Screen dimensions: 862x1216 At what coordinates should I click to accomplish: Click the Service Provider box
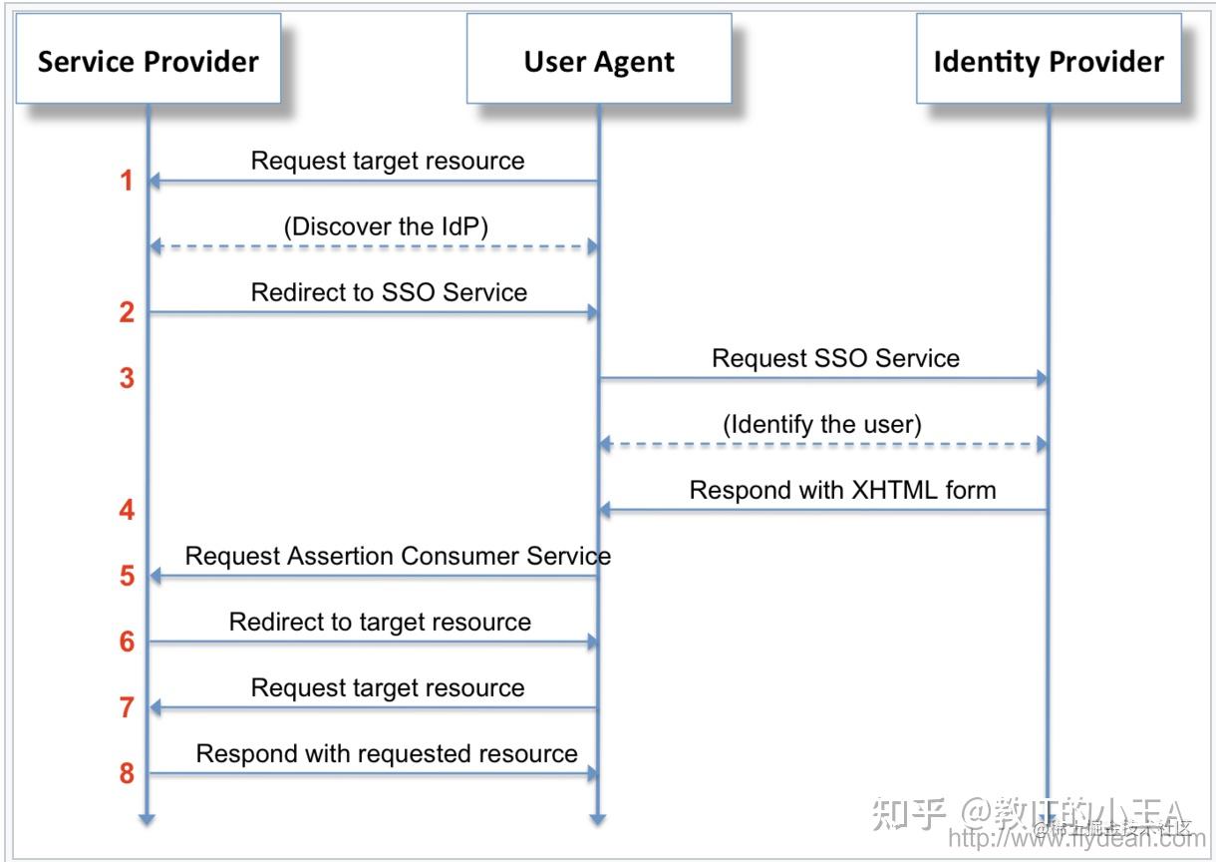(148, 59)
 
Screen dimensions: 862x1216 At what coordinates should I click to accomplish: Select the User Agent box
(599, 59)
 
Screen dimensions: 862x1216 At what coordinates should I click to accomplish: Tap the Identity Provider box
(1049, 59)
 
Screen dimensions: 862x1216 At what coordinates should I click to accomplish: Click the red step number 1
(127, 181)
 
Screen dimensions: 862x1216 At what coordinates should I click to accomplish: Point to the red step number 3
(127, 378)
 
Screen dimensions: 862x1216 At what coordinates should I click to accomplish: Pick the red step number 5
(127, 576)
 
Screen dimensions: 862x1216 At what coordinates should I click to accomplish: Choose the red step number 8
(127, 773)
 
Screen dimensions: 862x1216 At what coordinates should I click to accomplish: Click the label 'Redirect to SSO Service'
(389, 292)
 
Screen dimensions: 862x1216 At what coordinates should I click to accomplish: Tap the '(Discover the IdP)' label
(387, 226)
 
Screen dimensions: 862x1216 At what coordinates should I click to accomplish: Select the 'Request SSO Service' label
(835, 358)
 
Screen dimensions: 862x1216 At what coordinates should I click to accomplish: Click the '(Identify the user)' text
(822, 424)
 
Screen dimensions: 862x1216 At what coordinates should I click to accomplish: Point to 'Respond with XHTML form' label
(842, 490)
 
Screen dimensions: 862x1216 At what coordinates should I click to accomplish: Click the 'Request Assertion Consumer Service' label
(398, 556)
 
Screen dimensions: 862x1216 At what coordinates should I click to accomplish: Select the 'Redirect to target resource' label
(380, 622)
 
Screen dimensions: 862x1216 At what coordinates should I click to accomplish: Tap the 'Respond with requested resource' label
(387, 753)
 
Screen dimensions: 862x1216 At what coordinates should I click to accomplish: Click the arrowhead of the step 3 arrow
(1042, 378)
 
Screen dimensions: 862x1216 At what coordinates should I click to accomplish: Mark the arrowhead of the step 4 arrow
(605, 510)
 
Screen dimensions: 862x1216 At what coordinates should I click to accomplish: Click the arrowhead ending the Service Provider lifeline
(148, 819)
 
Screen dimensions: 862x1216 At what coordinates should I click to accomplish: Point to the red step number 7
(127, 707)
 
